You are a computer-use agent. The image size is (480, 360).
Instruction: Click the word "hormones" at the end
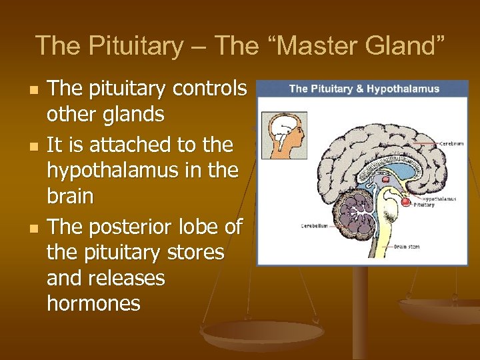point(93,303)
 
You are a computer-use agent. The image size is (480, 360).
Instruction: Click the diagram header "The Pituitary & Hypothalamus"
point(363,89)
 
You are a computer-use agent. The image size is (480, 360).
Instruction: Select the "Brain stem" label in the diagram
point(406,247)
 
